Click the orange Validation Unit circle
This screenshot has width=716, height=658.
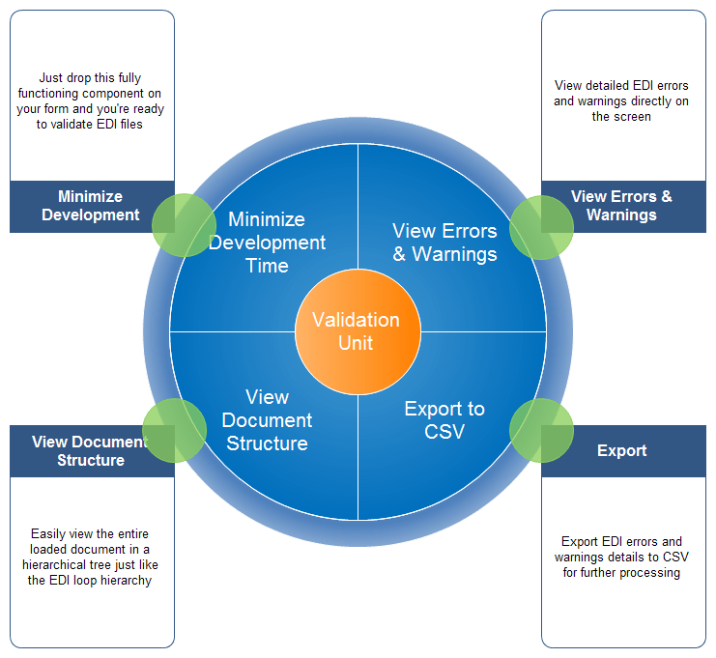click(357, 331)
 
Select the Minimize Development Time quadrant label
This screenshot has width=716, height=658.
click(267, 243)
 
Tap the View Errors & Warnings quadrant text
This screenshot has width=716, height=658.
click(444, 243)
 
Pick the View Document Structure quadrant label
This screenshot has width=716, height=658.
click(267, 420)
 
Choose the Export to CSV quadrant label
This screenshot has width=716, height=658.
click(444, 420)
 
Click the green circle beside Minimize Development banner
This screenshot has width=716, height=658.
click(183, 224)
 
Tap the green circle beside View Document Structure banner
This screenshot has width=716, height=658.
click(174, 428)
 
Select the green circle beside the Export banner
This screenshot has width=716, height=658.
click(540, 428)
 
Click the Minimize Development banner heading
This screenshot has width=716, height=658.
click(91, 206)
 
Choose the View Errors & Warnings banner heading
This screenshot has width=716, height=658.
click(621, 206)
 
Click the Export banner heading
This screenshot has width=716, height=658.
click(621, 451)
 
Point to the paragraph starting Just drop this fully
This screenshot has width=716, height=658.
click(91, 101)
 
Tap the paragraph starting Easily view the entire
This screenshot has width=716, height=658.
click(91, 558)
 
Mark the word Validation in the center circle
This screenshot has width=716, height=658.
click(356, 320)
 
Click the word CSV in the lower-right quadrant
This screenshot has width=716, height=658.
click(444, 432)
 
